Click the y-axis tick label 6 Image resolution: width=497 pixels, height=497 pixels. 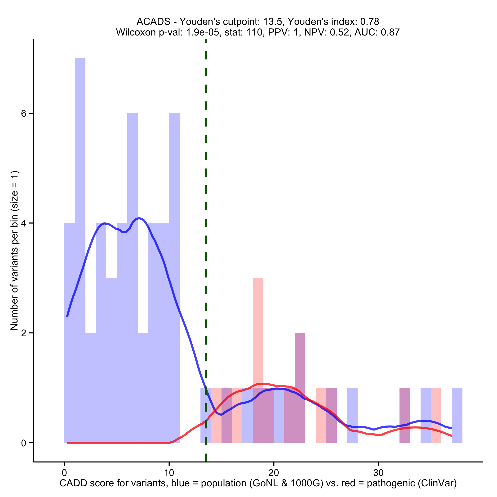pyautogui.click(x=24, y=113)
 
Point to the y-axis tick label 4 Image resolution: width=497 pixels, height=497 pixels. pyautogui.click(x=24, y=223)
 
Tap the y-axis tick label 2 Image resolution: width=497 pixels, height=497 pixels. pyautogui.click(x=24, y=333)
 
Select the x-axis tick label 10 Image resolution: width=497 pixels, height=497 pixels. pyautogui.click(x=169, y=473)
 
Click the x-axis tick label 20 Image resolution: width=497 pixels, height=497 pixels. pyautogui.click(x=274, y=473)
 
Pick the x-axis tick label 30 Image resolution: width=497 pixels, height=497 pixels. pyautogui.click(x=378, y=473)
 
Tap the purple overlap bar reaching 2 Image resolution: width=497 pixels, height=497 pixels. pyautogui.click(x=300, y=386)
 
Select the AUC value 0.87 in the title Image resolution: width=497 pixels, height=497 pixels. pyautogui.click(x=390, y=32)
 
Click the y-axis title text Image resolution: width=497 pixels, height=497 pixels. pyautogui.click(x=14, y=250)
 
